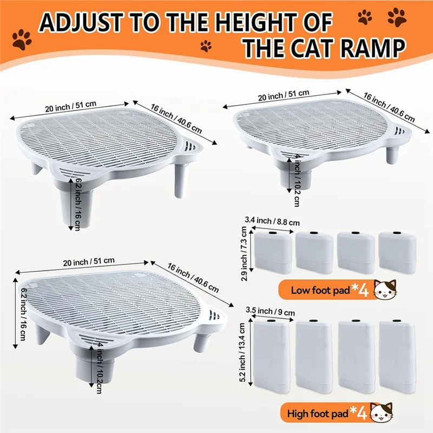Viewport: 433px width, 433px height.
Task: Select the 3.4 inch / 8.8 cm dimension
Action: pos(272,221)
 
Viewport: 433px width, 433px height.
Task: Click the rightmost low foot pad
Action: pos(397,250)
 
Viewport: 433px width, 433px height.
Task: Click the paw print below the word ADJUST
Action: pos(23,40)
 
